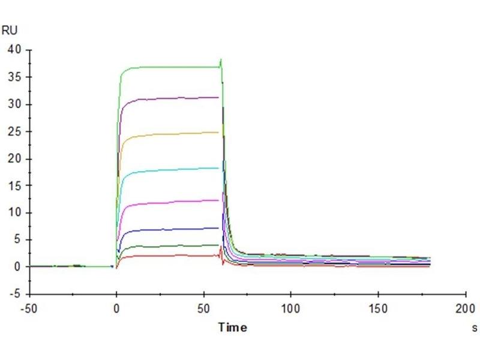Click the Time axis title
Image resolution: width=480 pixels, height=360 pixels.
(x=232, y=327)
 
